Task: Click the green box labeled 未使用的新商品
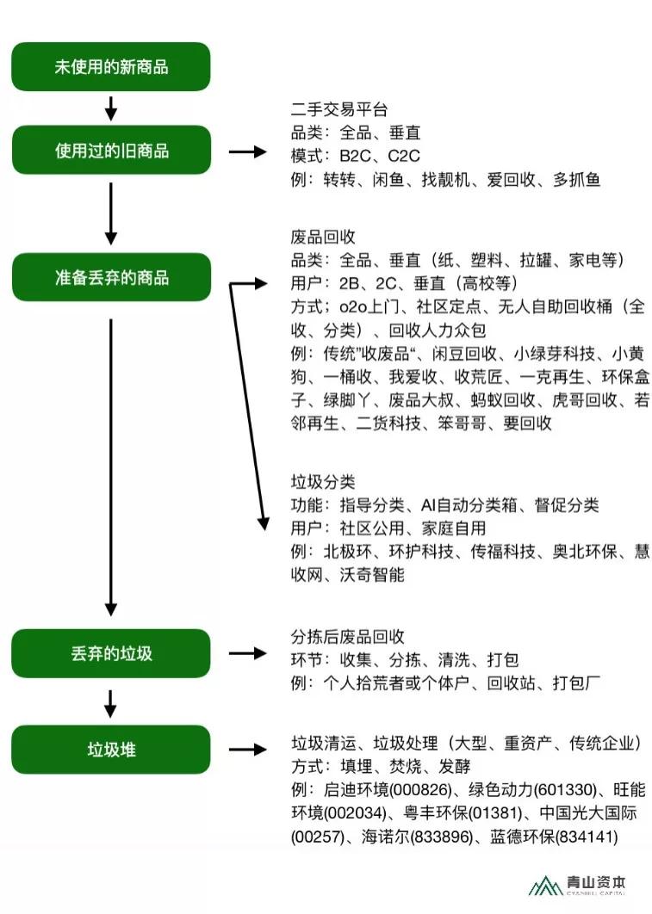click(x=111, y=66)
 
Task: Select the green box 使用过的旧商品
click(x=111, y=150)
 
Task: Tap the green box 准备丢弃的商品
click(x=111, y=277)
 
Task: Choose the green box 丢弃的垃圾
click(x=111, y=653)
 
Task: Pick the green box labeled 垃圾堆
click(x=111, y=749)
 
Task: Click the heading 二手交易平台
click(x=339, y=109)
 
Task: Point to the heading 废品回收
click(x=323, y=237)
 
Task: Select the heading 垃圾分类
click(x=323, y=481)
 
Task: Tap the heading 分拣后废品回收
click(x=348, y=636)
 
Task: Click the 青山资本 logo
click(x=577, y=884)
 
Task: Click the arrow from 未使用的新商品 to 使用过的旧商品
click(x=111, y=108)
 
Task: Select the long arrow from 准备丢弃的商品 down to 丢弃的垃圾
click(x=111, y=467)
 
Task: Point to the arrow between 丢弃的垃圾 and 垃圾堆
click(x=111, y=704)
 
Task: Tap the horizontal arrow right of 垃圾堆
click(x=248, y=749)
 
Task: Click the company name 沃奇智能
click(x=372, y=575)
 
